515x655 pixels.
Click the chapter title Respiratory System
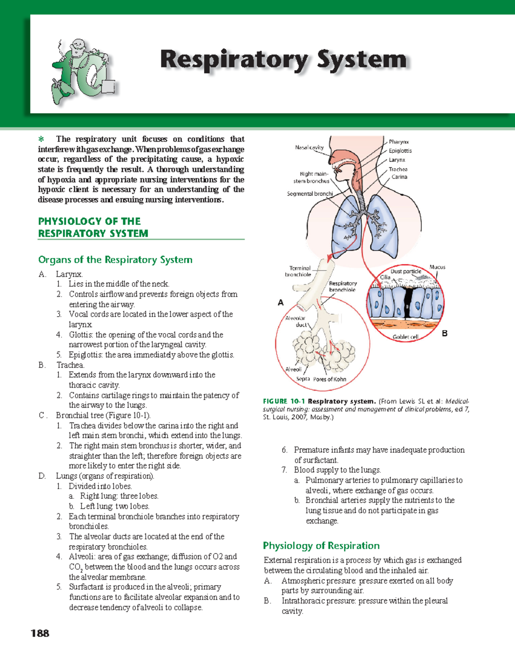click(x=283, y=60)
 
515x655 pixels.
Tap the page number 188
click(x=40, y=633)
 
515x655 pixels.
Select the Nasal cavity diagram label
click(x=309, y=147)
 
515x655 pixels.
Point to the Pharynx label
click(x=399, y=142)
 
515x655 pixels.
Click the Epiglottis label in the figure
click(x=400, y=151)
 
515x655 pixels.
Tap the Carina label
click(x=399, y=177)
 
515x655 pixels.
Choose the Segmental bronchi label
click(x=309, y=194)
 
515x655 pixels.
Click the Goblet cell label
click(x=405, y=337)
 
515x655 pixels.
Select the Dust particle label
click(x=406, y=271)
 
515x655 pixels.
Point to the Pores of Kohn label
click(x=330, y=379)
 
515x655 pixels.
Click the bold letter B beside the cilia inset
click(x=445, y=334)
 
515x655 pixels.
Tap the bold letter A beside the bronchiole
click(x=281, y=303)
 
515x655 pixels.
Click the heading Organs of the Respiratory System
click(x=115, y=260)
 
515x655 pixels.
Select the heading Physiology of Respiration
click(x=321, y=546)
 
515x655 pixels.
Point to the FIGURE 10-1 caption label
click(x=284, y=401)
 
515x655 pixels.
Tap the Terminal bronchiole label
click(x=299, y=271)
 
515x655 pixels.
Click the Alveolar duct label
click(x=296, y=321)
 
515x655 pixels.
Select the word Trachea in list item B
click(x=70, y=365)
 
